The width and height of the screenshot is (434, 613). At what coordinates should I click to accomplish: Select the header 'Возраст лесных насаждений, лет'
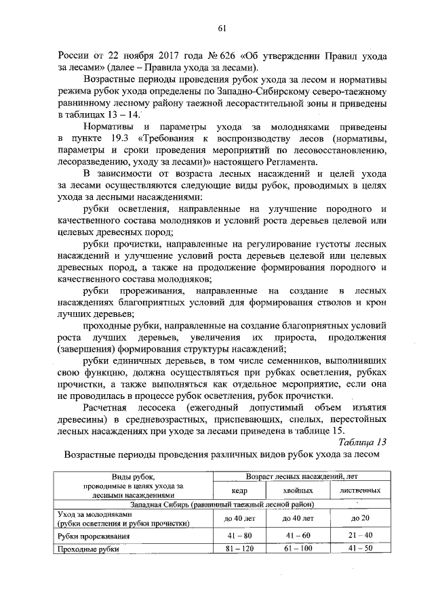click(298, 477)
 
